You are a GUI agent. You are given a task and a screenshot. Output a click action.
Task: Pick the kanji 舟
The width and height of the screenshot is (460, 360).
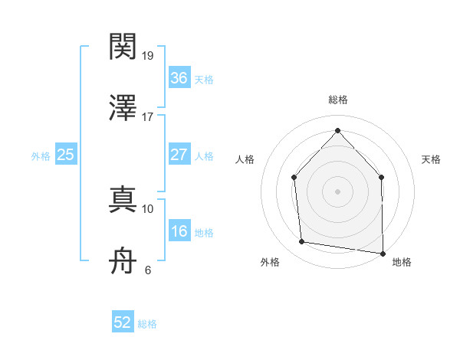pyautogui.click(x=123, y=260)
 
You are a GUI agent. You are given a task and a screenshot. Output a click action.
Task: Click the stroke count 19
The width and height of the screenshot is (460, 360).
pyautogui.click(x=149, y=56)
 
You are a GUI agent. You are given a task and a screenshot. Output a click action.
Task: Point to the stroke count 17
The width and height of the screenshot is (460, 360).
pyautogui.click(x=148, y=117)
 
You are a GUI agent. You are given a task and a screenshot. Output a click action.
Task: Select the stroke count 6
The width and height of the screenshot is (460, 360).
pyautogui.click(x=147, y=270)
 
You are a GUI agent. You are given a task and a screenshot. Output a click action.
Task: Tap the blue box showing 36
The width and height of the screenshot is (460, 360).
pyautogui.click(x=179, y=77)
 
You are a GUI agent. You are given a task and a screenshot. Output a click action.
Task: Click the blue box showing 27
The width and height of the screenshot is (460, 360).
pyautogui.click(x=179, y=155)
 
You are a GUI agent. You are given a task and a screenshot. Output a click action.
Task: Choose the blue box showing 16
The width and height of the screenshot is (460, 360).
pyautogui.click(x=179, y=231)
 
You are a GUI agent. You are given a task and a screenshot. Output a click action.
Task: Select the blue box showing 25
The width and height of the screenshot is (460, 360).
pyautogui.click(x=65, y=155)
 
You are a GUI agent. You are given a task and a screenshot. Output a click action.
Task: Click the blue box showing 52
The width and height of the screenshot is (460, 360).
pyautogui.click(x=123, y=322)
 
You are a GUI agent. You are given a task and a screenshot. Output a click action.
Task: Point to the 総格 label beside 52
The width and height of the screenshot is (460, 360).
pyautogui.click(x=147, y=324)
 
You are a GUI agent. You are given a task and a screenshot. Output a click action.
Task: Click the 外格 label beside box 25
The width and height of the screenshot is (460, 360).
pyautogui.click(x=41, y=156)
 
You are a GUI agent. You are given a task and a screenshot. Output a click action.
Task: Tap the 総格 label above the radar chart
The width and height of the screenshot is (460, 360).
pyautogui.click(x=338, y=100)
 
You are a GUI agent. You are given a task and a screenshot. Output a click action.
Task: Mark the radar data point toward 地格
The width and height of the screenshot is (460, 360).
pyautogui.click(x=382, y=253)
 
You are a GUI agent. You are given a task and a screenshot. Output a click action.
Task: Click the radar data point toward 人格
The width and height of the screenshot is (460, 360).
pyautogui.click(x=294, y=178)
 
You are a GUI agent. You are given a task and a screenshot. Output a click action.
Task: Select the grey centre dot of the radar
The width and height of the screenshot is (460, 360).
pyautogui.click(x=337, y=191)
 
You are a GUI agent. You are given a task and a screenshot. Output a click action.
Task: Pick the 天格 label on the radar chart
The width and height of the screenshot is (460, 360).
pyautogui.click(x=432, y=159)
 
